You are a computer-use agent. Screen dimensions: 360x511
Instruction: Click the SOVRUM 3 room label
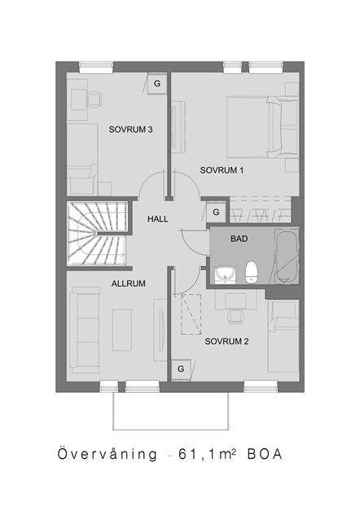pyautogui.click(x=130, y=130)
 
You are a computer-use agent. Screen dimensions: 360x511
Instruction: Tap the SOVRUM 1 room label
pyautogui.click(x=222, y=170)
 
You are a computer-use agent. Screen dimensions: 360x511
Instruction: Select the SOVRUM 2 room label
pyautogui.click(x=226, y=341)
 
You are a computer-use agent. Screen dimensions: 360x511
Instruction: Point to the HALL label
pyautogui.click(x=158, y=219)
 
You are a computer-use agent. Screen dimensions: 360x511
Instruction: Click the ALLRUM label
pyautogui.click(x=129, y=284)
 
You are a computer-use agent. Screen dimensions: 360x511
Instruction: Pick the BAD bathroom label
pyautogui.click(x=239, y=239)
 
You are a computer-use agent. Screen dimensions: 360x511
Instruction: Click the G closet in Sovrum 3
pyautogui.click(x=157, y=83)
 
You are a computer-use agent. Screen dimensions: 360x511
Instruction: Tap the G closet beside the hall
pyautogui.click(x=216, y=212)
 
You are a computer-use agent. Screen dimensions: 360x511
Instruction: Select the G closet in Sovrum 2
pyautogui.click(x=181, y=369)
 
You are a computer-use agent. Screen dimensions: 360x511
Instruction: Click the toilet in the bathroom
pyautogui.click(x=252, y=271)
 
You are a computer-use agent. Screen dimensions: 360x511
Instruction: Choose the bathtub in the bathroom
pyautogui.click(x=287, y=256)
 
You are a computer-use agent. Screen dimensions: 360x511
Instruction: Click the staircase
pyautogui.click(x=97, y=233)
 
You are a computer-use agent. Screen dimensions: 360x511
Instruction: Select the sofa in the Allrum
pyautogui.click(x=86, y=330)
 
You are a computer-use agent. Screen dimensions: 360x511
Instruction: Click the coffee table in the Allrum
pyautogui.click(x=122, y=330)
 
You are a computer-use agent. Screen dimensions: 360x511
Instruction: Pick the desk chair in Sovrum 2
pyautogui.click(x=235, y=316)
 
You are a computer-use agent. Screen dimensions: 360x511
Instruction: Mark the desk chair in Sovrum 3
pyautogui.click(x=95, y=99)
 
